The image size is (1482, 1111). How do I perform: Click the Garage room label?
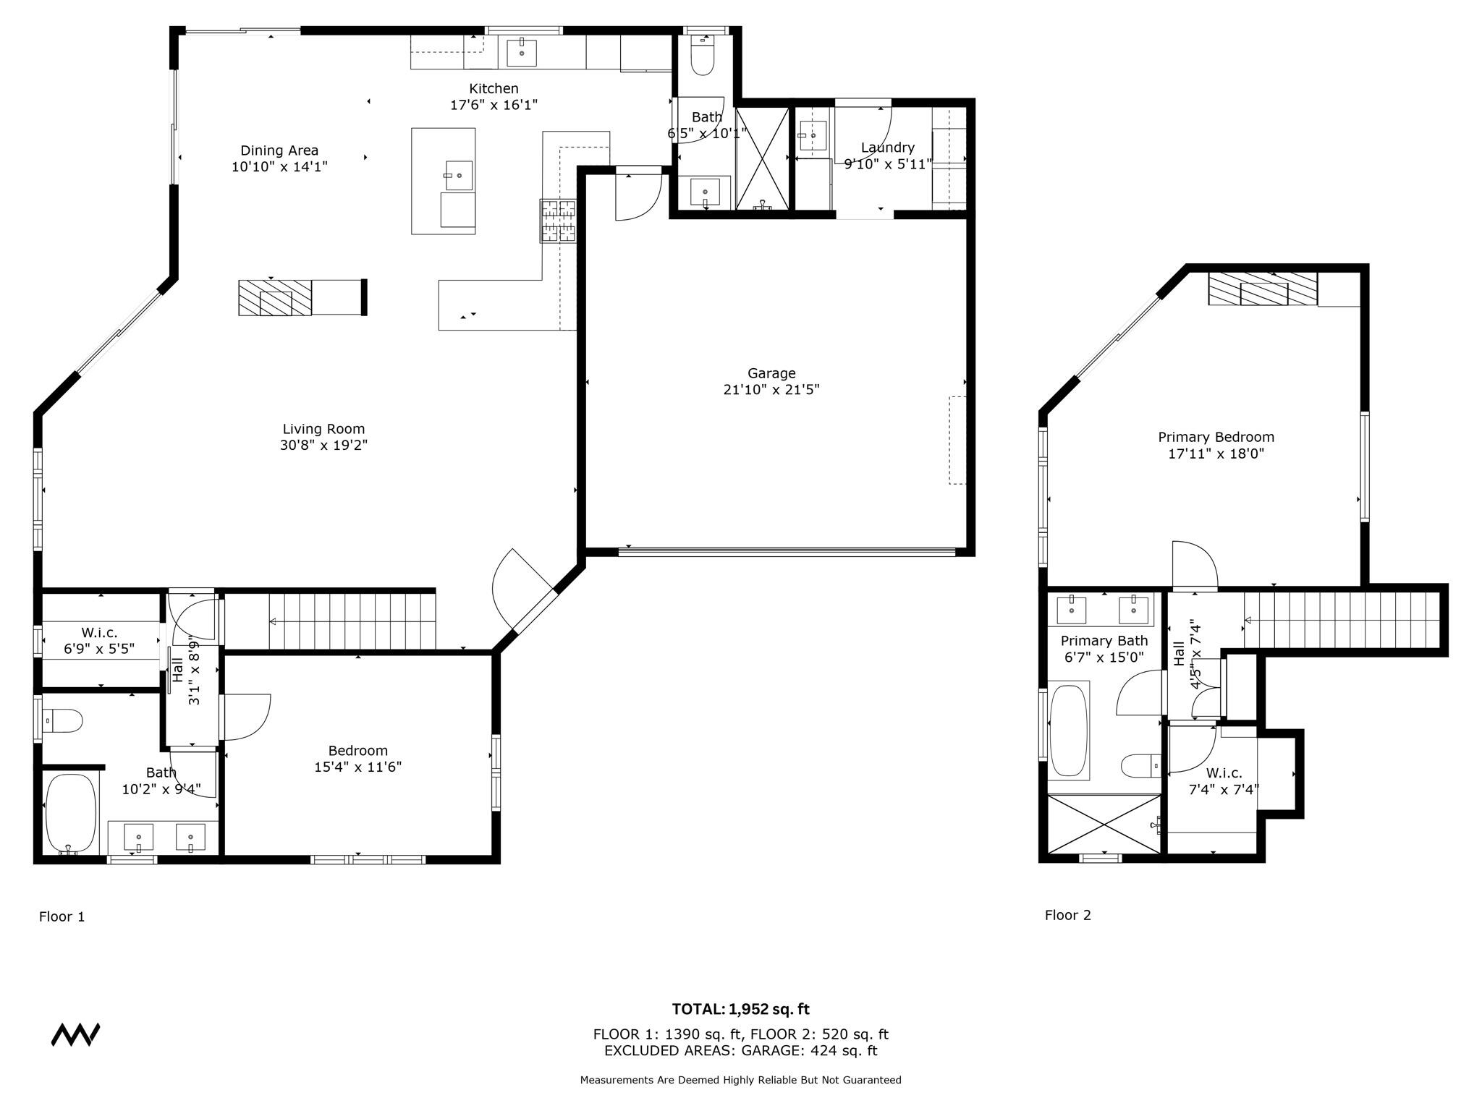(x=771, y=373)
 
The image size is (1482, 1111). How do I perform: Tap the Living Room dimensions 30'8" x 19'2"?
(x=323, y=446)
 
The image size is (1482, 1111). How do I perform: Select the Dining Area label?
(x=279, y=150)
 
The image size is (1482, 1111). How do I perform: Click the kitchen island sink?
(x=459, y=175)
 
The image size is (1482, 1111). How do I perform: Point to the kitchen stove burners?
(x=558, y=221)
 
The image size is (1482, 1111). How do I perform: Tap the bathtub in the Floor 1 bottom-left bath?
(x=71, y=814)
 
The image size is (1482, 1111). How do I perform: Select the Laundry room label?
(x=888, y=148)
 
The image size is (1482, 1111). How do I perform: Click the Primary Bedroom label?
(x=1216, y=437)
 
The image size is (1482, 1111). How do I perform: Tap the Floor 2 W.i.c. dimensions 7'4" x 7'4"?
(x=1224, y=789)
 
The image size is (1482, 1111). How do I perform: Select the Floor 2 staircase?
(x=1339, y=620)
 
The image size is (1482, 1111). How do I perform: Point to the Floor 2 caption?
(x=1067, y=915)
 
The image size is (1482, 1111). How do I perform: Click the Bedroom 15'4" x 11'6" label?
(x=357, y=751)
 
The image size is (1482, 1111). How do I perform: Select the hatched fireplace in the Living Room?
(x=275, y=297)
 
